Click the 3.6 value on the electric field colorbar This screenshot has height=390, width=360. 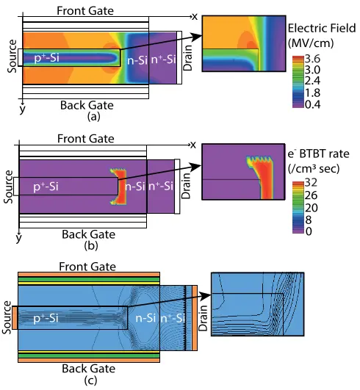point(313,59)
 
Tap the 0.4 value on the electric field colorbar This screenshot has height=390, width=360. point(313,104)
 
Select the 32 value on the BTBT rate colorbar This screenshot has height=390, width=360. point(311,183)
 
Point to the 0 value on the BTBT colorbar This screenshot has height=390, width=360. point(309,231)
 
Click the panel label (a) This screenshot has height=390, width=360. point(93,116)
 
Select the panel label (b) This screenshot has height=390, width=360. point(91,245)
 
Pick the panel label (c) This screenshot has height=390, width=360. point(90,380)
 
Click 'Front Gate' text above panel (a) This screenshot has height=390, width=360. point(85,11)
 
